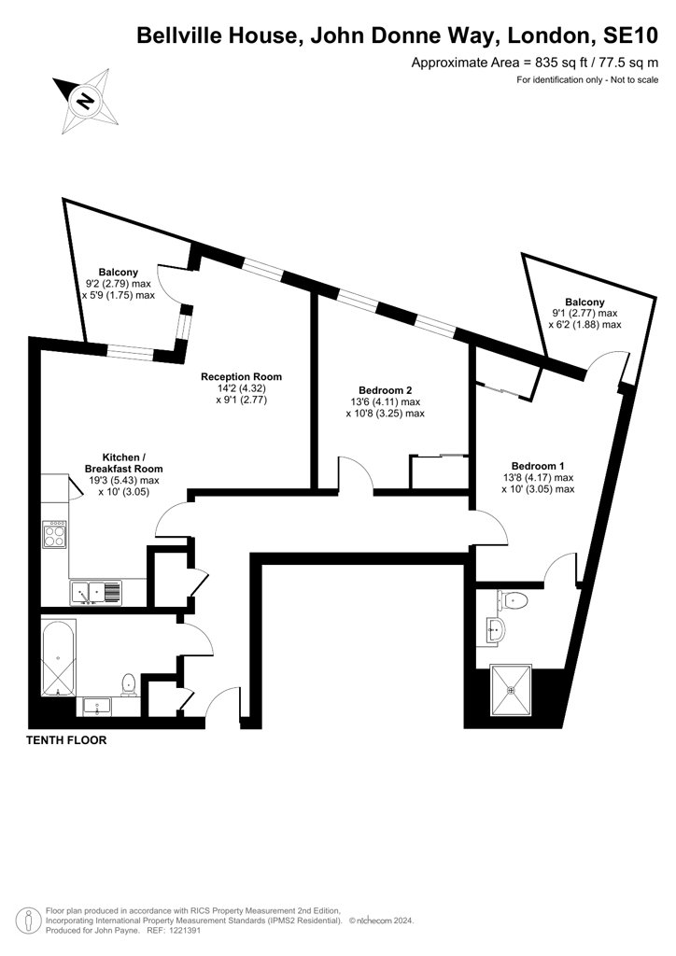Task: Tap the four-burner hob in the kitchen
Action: coord(54,534)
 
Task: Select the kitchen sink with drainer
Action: coord(96,593)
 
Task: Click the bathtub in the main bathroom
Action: coord(59,658)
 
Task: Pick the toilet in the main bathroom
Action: coord(129,684)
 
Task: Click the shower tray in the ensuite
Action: coord(512,690)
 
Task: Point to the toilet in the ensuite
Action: coord(512,600)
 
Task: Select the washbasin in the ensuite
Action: coord(496,628)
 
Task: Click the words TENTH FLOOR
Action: coord(66,740)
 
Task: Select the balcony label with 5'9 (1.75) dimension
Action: coord(119,284)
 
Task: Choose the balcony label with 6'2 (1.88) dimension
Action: coord(584,314)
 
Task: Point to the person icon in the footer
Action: coord(27,921)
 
